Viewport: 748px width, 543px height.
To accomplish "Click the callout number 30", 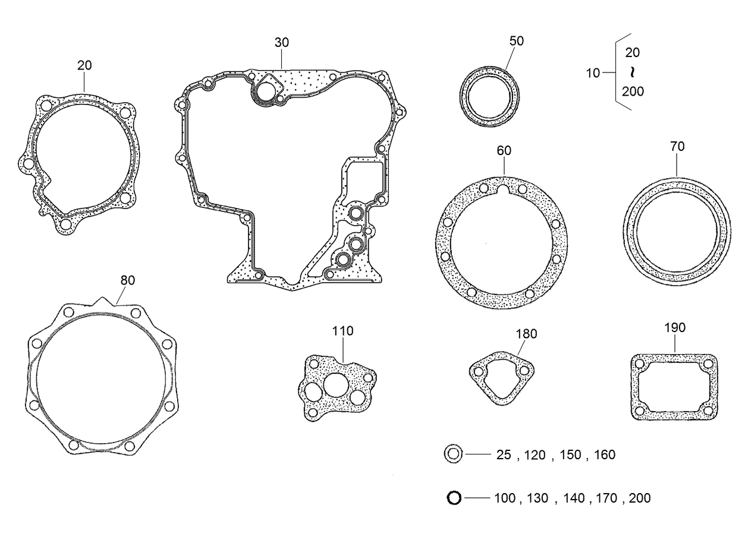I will (x=281, y=43).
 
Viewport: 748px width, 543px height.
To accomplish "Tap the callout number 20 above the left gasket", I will (x=84, y=65).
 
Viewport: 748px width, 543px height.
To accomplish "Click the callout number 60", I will (x=504, y=151).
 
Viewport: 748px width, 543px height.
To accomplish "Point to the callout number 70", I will (x=677, y=146).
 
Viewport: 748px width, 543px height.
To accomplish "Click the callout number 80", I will (x=127, y=280).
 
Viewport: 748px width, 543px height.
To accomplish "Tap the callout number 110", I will (x=342, y=331).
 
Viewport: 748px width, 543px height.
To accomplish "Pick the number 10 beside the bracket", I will (x=593, y=74).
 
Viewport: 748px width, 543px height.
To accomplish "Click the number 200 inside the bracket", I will (x=633, y=91).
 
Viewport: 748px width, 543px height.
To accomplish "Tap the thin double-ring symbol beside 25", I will (x=452, y=454).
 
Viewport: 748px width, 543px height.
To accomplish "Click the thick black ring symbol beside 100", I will (x=454, y=498).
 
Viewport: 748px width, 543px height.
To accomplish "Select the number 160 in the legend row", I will (x=604, y=455).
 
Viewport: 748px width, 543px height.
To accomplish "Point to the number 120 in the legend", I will (x=535, y=455).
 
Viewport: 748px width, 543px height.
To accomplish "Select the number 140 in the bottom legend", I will (x=574, y=498).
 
